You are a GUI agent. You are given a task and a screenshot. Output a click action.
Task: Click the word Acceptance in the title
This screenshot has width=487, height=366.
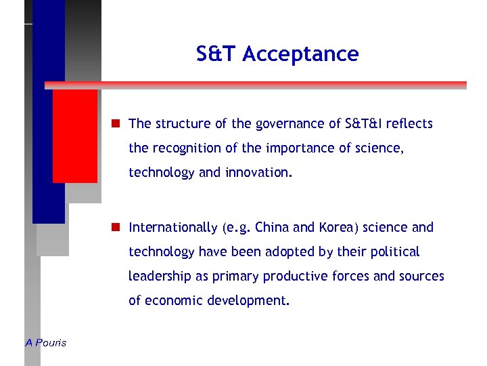[300, 54]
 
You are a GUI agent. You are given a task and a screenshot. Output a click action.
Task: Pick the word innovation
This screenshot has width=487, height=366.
[260, 172]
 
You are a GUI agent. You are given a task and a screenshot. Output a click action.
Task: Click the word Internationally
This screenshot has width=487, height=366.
[173, 227]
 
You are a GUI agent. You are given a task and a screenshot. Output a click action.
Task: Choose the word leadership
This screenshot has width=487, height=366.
[158, 276]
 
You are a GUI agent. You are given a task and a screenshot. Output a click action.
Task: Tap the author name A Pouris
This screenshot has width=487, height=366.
[46, 343]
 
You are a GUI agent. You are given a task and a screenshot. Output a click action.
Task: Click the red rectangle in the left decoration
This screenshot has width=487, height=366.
[75, 136]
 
